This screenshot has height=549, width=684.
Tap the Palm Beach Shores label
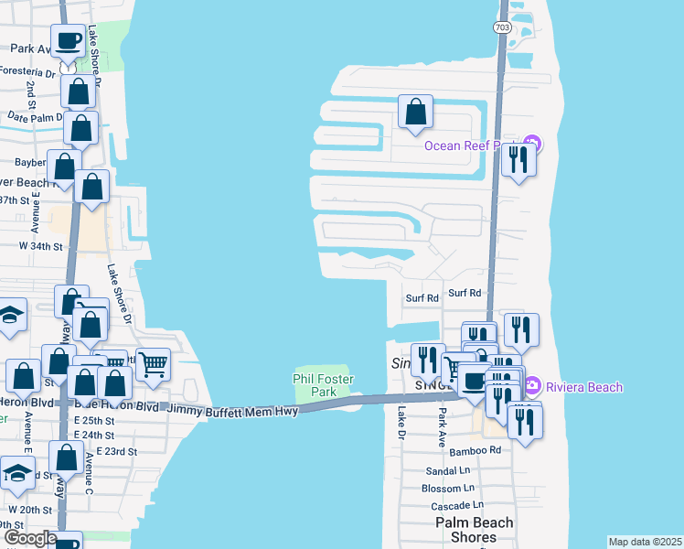474,529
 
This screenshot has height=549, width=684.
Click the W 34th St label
41,246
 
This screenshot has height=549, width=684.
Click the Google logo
30,538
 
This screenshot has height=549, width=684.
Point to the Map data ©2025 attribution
646,542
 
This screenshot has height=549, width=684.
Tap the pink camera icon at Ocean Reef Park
535,145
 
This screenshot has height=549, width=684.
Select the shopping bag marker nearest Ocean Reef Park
415,113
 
